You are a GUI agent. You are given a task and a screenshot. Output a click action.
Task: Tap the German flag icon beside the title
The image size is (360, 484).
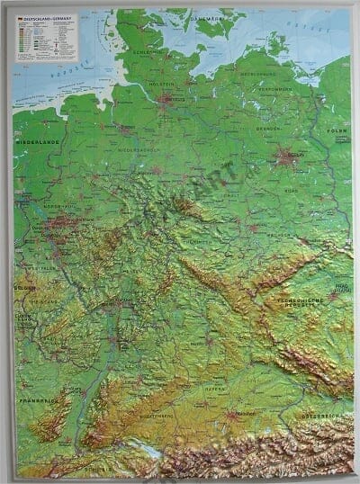coord(19,16)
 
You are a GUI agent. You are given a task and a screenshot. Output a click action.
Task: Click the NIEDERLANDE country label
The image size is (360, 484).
coord(34,141)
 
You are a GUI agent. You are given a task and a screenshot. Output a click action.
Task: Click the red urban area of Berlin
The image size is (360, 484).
coord(287,157)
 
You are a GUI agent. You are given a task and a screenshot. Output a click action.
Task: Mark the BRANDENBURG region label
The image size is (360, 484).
coord(266,130)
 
